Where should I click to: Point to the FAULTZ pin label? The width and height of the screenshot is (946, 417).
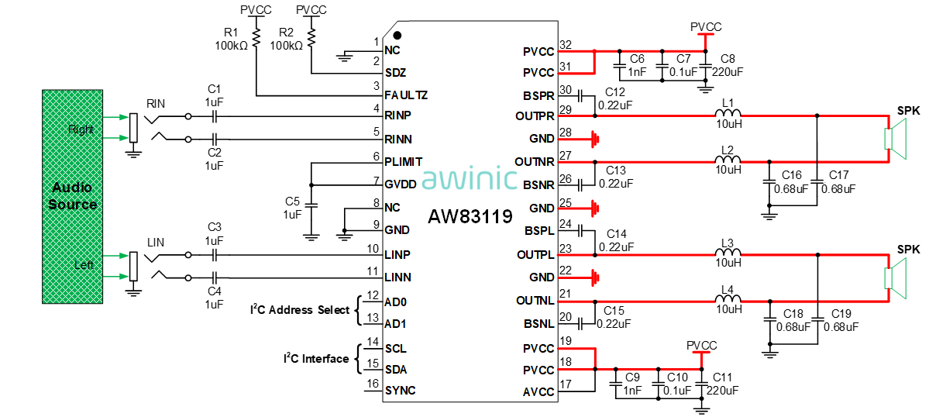point(406,95)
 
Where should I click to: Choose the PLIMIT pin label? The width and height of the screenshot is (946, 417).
point(404,162)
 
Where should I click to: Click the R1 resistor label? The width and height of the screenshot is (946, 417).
point(231,33)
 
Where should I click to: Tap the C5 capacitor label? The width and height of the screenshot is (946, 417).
point(292,202)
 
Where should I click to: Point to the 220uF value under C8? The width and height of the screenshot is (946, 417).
point(728,71)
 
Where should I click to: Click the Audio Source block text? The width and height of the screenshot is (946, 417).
point(73,196)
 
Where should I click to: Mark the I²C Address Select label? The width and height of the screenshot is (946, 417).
point(300,310)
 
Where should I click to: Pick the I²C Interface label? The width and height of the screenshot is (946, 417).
point(315,359)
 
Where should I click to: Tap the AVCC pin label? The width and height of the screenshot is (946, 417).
point(538,392)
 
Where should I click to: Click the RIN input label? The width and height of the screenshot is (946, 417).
point(156,102)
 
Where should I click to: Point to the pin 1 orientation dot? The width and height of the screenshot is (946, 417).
point(397,36)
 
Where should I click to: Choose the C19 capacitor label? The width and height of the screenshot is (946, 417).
point(841,313)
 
